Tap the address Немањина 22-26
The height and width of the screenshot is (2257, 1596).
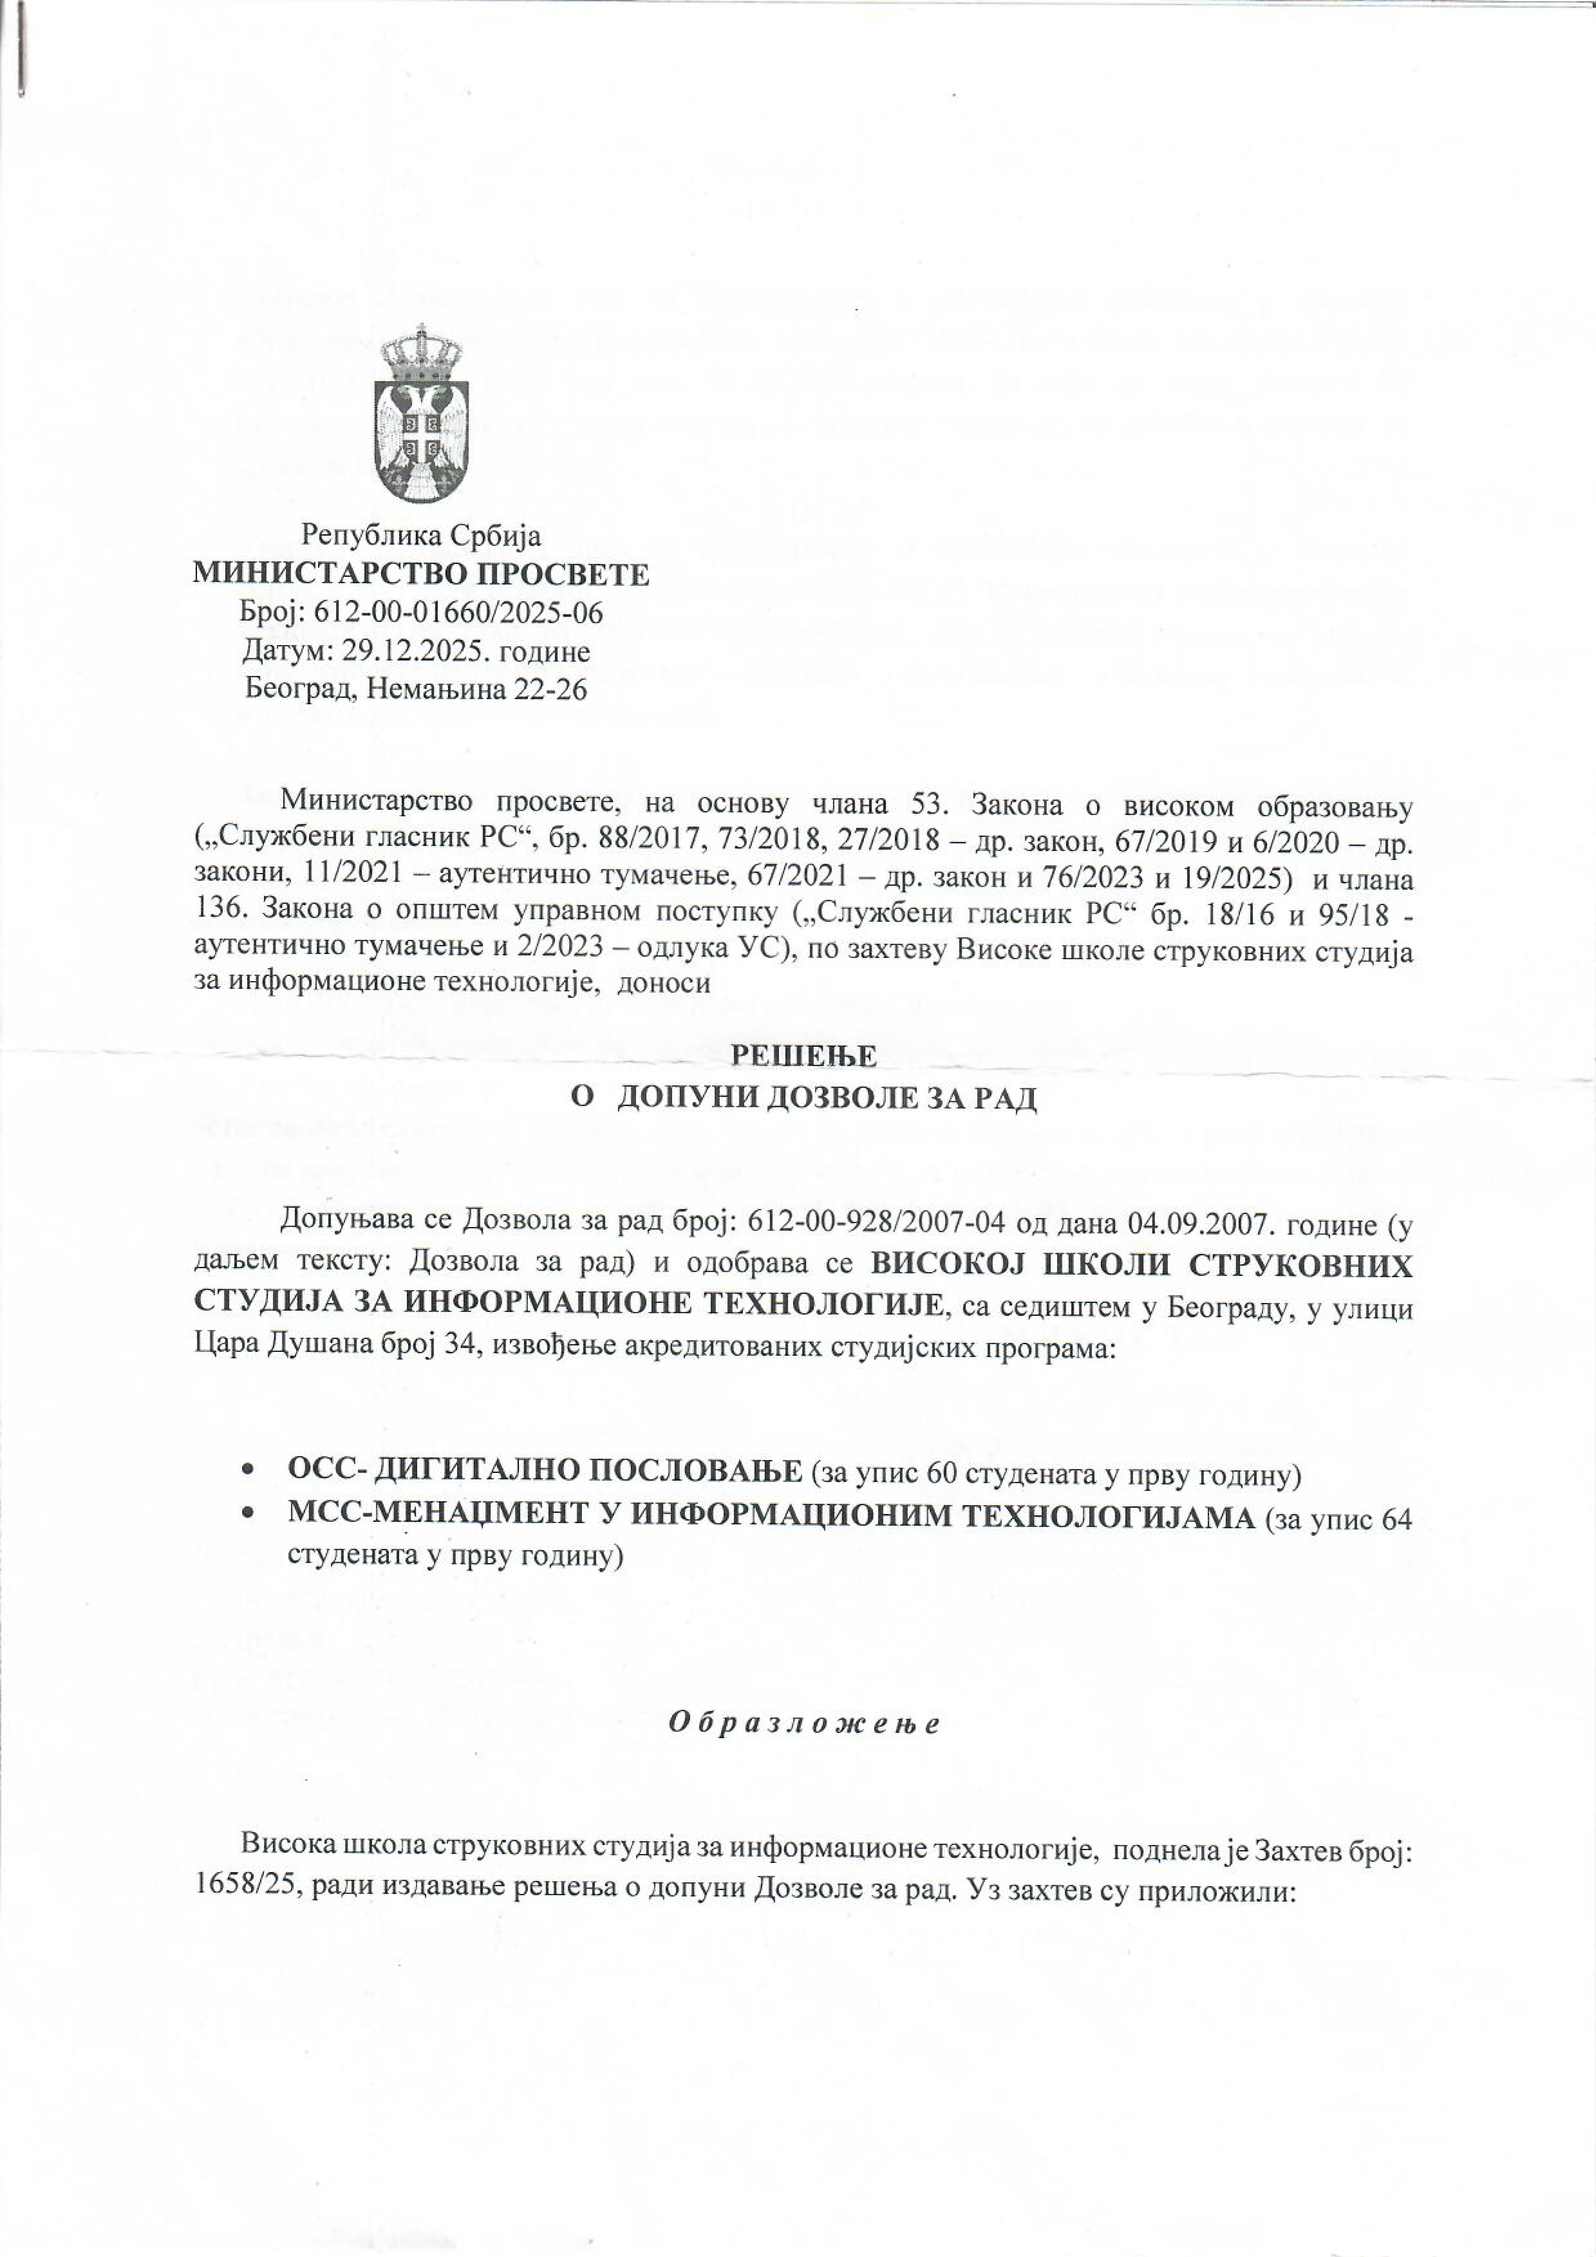tap(477, 689)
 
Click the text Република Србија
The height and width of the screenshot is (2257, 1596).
tap(421, 536)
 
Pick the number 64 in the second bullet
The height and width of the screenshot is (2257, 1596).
tap(1396, 1519)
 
